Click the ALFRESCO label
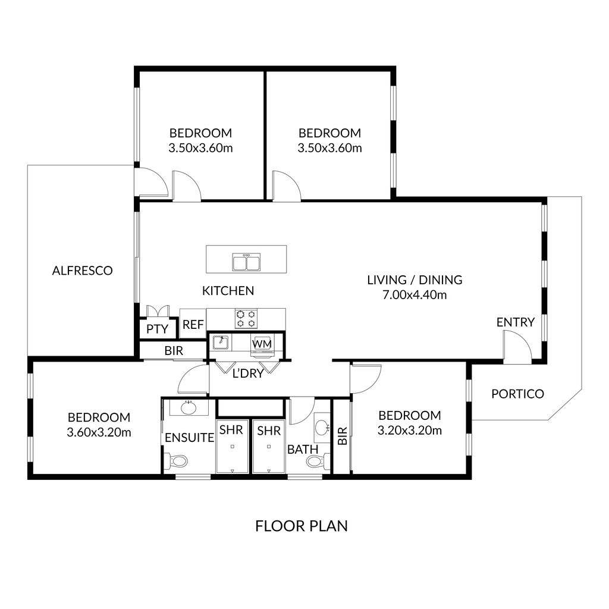click(82, 271)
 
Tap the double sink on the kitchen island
click(246, 262)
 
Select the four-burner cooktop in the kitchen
click(246, 318)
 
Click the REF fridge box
click(193, 325)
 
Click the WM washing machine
click(262, 344)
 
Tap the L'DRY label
click(247, 373)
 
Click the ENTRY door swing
click(515, 347)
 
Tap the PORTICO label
click(517, 394)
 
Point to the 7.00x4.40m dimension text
click(415, 294)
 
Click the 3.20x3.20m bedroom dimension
click(409, 430)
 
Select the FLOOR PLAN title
click(301, 526)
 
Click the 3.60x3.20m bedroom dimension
click(99, 432)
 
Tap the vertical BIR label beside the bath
click(341, 437)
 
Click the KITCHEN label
click(228, 291)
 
